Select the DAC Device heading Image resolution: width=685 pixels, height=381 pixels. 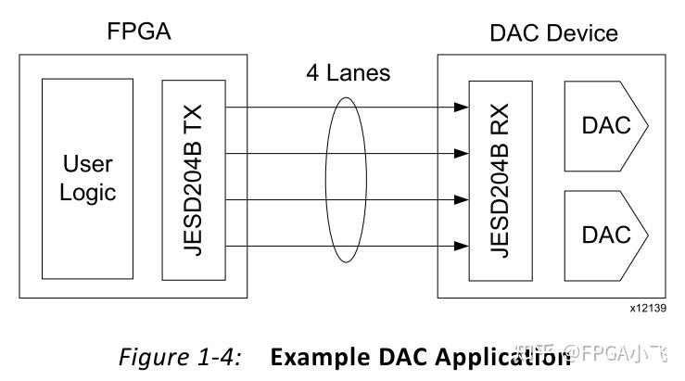tap(553, 33)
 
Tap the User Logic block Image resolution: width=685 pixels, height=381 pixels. tap(88, 178)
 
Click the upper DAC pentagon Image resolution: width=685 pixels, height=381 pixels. tap(603, 125)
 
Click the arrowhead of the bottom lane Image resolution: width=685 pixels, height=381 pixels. tap(460, 246)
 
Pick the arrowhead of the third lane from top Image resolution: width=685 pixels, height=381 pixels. tap(460, 199)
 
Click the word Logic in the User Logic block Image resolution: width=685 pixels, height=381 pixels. tap(88, 193)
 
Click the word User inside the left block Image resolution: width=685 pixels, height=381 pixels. tap(88, 165)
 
